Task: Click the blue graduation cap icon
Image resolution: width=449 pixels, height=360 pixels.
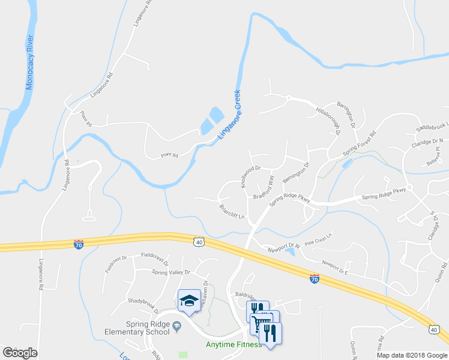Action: point(189,300)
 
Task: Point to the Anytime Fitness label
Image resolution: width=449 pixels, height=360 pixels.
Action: point(234,344)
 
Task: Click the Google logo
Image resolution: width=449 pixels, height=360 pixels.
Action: point(20,353)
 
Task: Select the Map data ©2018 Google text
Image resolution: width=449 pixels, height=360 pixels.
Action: point(411,355)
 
